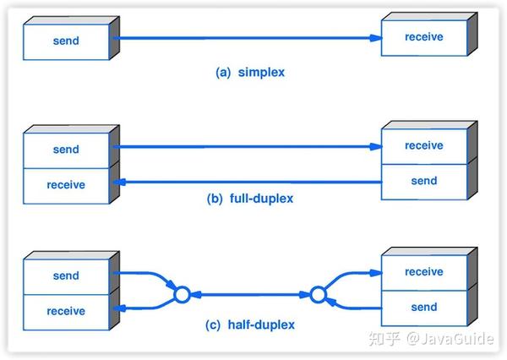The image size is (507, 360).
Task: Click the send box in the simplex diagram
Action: point(66,41)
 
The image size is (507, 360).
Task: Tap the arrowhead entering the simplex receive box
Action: point(376,38)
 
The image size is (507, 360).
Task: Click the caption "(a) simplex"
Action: point(250,72)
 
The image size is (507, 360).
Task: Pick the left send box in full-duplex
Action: point(66,150)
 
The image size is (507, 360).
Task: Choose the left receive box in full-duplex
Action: point(66,186)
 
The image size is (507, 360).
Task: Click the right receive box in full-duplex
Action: point(424,146)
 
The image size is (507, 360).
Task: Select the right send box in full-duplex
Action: point(424,182)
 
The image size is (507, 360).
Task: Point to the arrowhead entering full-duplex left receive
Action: point(120,182)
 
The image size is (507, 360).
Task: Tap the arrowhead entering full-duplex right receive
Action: point(376,147)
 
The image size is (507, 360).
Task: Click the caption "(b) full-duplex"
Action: point(250,199)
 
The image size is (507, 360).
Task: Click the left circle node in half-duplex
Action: point(182,295)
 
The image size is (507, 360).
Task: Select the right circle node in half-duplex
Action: point(319,295)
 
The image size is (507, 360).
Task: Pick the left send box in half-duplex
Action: point(66,276)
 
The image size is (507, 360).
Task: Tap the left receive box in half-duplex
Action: point(66,312)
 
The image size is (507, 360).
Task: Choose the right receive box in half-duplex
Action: point(424,273)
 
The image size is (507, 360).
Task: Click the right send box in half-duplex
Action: point(424,308)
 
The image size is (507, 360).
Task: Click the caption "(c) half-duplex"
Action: point(250,325)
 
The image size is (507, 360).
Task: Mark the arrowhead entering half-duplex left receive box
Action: point(120,308)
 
